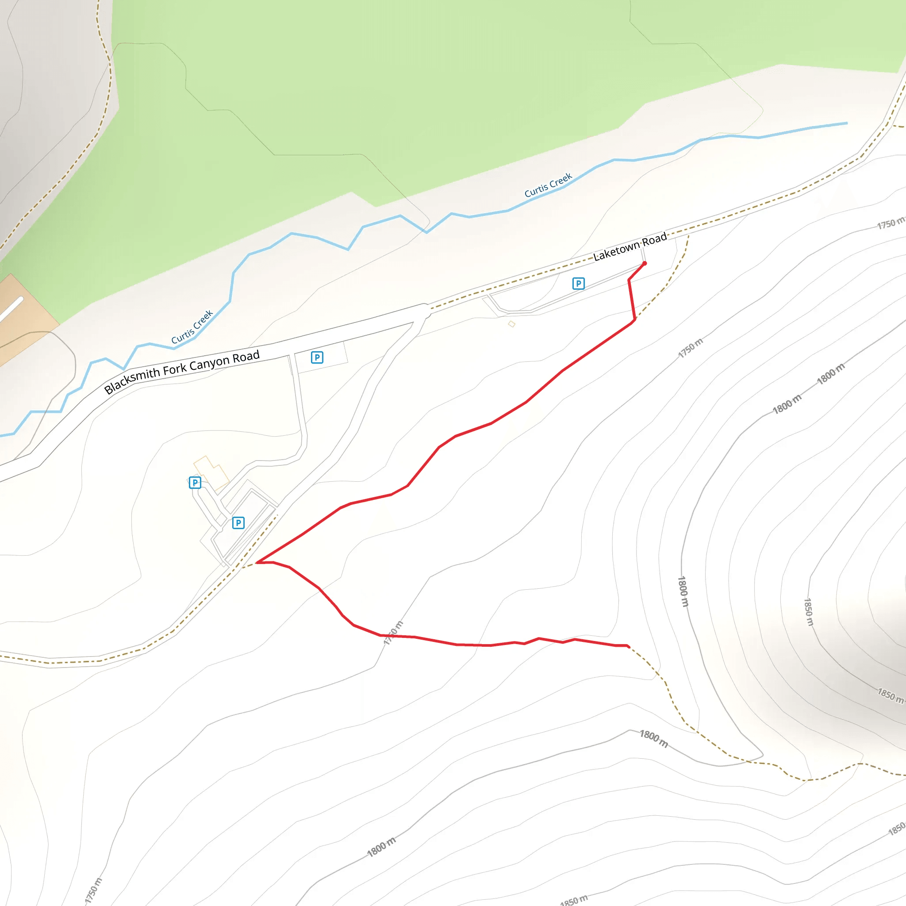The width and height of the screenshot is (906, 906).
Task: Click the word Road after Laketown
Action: [654, 239]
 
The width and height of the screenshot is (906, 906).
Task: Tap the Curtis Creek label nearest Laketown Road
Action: [548, 185]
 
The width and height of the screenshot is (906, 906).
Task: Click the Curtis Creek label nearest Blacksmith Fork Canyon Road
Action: [192, 326]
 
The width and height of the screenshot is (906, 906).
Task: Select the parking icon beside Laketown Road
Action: [579, 283]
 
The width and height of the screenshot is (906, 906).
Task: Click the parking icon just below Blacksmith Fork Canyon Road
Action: [317, 357]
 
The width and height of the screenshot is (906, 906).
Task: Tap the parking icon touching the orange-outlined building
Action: [195, 483]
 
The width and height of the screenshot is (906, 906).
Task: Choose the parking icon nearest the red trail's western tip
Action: [238, 522]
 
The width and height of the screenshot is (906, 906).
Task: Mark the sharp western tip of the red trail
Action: [257, 562]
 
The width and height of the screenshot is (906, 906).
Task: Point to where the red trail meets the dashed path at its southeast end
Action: [628, 646]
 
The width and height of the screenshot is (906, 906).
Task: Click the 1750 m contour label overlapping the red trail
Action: [393, 633]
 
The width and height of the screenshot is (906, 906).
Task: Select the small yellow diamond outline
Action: [512, 323]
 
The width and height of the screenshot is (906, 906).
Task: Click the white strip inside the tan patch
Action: [11, 310]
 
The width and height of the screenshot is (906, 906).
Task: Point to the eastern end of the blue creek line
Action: [846, 123]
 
